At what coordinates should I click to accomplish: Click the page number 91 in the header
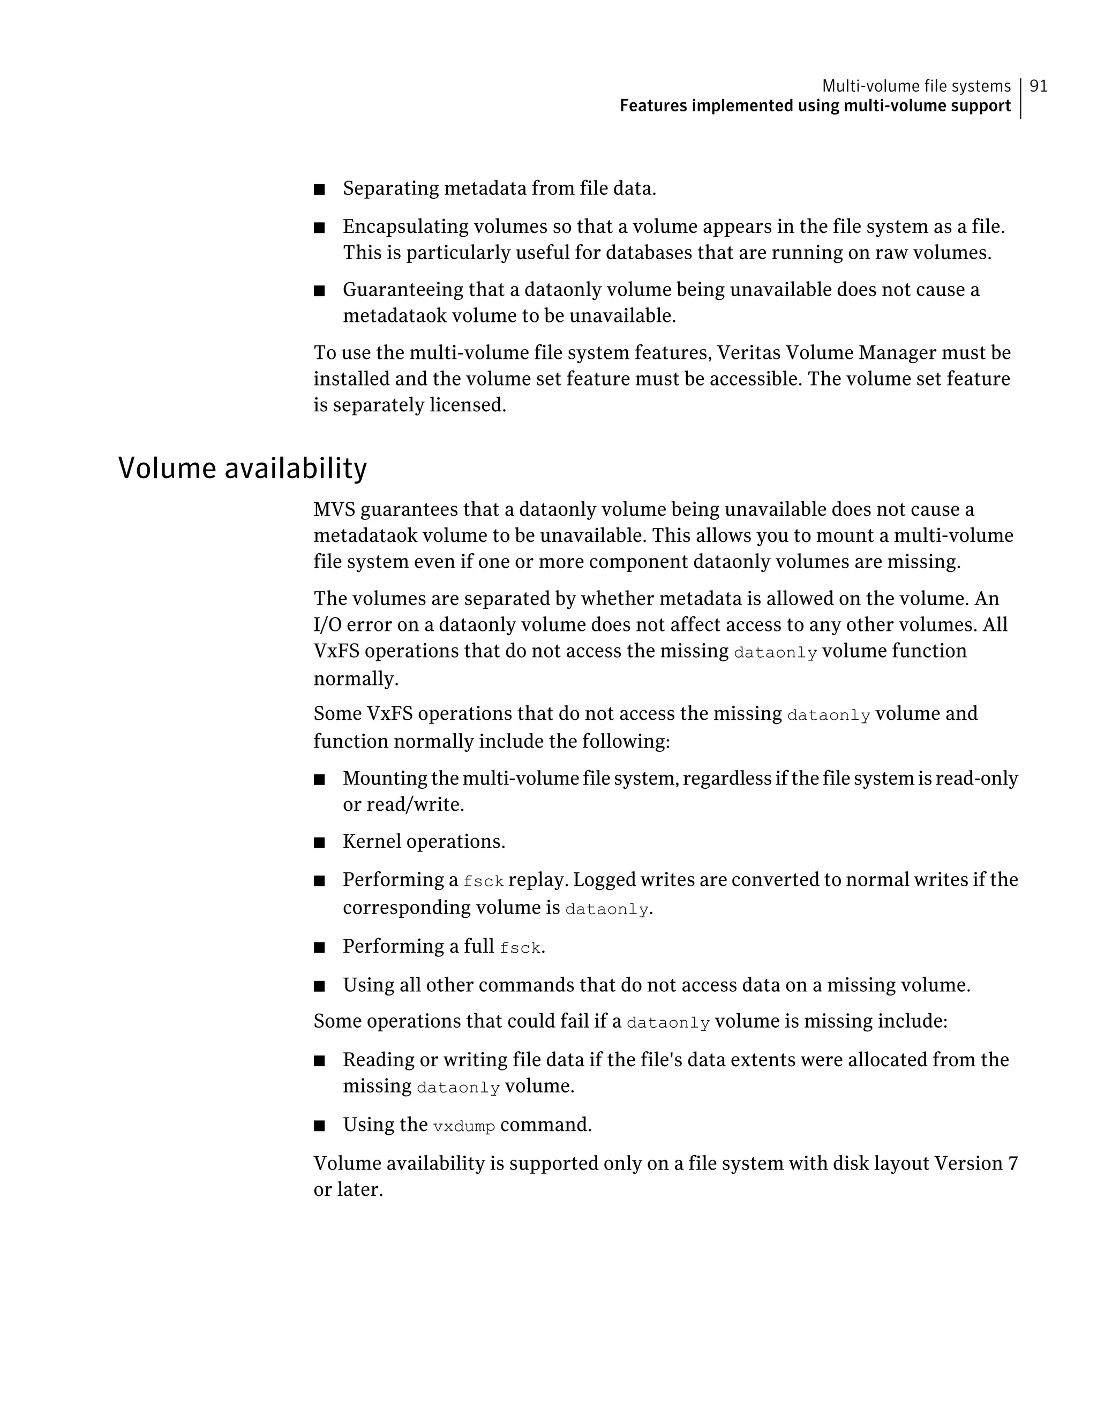pyautogui.click(x=1038, y=86)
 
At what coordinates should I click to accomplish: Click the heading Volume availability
pyautogui.click(x=242, y=468)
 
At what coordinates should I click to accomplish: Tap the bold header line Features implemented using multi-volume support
pyautogui.click(x=815, y=106)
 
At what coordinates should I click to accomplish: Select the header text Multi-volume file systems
pyautogui.click(x=915, y=86)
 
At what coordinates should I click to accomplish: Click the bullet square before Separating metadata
pyautogui.click(x=319, y=190)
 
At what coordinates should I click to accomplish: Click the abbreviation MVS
pyautogui.click(x=334, y=509)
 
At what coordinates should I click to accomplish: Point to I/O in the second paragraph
pyautogui.click(x=328, y=625)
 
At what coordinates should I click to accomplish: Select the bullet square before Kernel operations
pyautogui.click(x=319, y=843)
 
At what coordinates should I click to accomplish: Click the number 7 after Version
pyautogui.click(x=1012, y=1163)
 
